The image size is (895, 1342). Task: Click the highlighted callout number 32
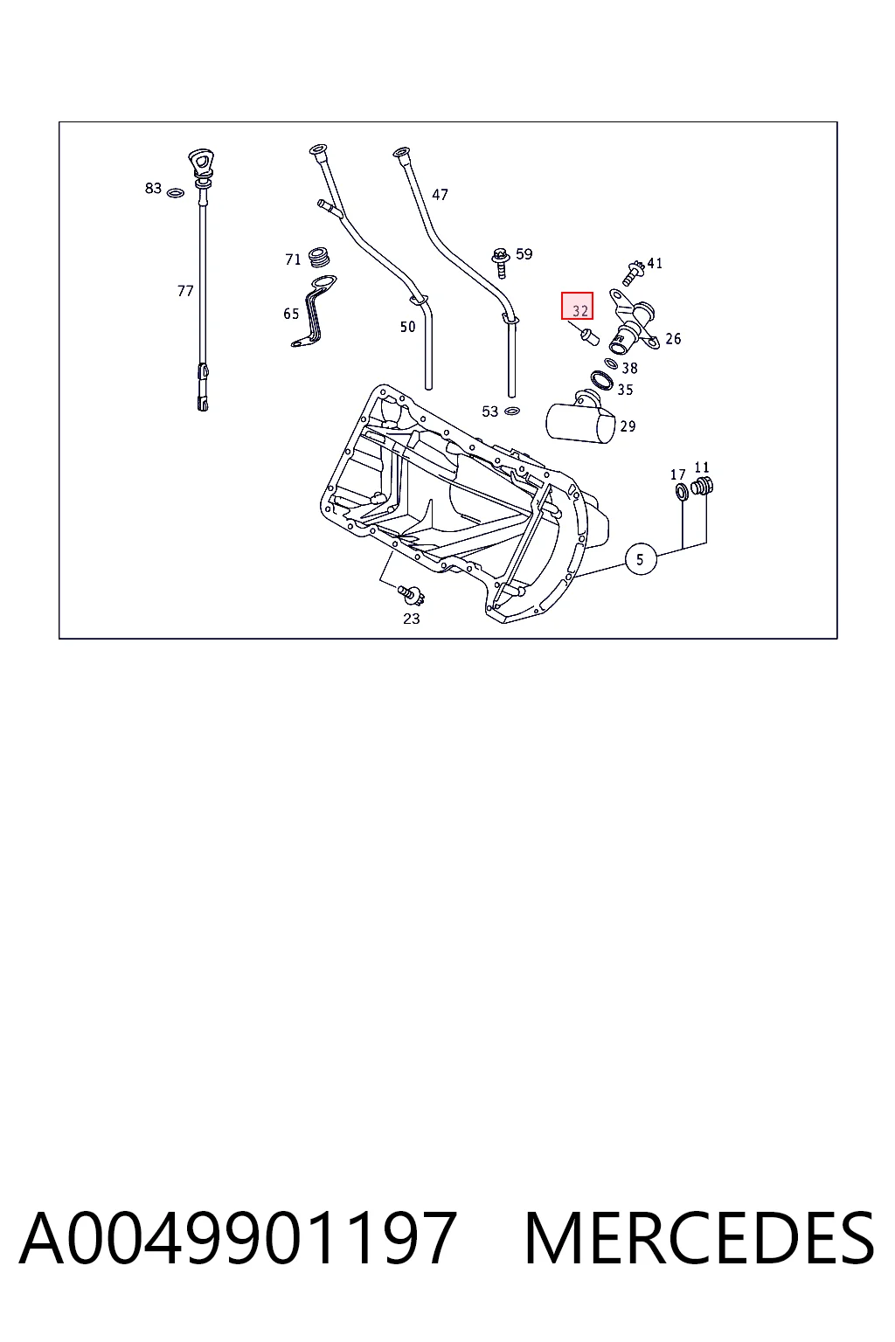[x=577, y=306]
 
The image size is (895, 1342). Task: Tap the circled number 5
[x=641, y=559]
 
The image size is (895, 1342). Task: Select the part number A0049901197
[x=238, y=1238]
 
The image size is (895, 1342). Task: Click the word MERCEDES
[x=699, y=1238]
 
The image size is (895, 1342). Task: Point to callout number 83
[x=153, y=188]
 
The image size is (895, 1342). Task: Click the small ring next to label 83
[x=175, y=193]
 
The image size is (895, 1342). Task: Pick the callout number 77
[x=185, y=291]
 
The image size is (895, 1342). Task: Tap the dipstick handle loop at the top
[x=202, y=163]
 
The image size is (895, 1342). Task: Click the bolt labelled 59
[x=500, y=263]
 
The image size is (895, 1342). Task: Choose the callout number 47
[x=440, y=195]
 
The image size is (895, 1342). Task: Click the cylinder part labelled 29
[x=579, y=419]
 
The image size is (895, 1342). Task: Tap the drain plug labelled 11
[x=702, y=487]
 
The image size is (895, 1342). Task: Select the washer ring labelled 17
[x=682, y=493]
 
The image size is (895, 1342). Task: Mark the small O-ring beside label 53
[x=511, y=411]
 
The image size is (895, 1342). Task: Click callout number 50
[x=407, y=327]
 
